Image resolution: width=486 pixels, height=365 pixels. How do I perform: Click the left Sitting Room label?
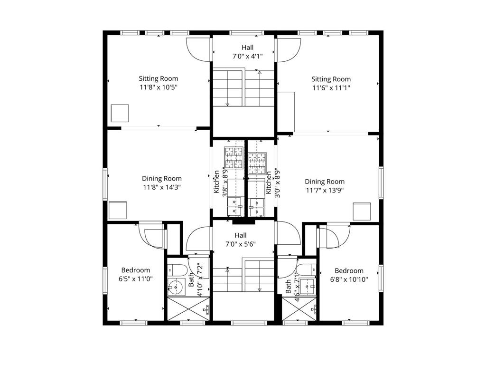coord(159,78)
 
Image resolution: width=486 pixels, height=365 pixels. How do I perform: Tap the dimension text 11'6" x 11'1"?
coord(331,88)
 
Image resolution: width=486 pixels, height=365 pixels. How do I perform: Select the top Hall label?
coord(247,48)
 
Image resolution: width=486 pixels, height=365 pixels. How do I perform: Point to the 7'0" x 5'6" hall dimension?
coord(241,244)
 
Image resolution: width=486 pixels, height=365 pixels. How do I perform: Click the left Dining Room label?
coord(162,179)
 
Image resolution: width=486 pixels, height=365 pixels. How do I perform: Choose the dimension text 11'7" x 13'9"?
coord(325,190)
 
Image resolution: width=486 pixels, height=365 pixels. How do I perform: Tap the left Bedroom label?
coord(135,270)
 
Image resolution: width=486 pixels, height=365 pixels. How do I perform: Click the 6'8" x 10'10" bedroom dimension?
coord(349,279)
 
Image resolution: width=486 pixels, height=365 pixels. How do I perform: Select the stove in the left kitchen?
coord(234,158)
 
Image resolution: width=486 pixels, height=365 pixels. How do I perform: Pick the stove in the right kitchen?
coord(257,163)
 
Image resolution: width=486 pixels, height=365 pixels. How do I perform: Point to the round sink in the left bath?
coord(176,287)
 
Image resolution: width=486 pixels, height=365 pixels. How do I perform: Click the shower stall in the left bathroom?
coord(188,309)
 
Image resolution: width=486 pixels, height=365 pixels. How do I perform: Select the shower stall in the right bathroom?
coord(299,309)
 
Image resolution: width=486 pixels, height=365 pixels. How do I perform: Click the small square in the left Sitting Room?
coord(120,113)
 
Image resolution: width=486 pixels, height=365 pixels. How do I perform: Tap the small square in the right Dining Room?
coord(362,211)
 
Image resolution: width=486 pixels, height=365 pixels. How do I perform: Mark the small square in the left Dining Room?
coord(118,211)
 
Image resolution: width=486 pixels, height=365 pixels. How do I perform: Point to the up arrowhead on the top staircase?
coord(260,73)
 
